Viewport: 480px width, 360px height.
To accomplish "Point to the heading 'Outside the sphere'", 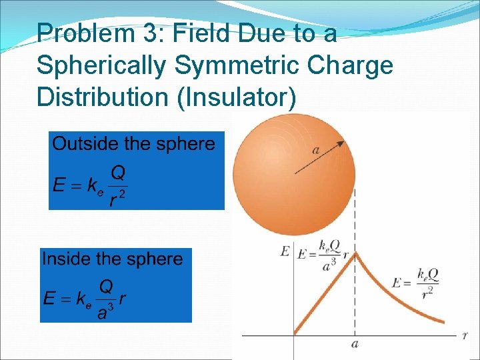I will (x=134, y=143).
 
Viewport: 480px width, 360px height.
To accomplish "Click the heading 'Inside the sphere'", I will (x=112, y=259).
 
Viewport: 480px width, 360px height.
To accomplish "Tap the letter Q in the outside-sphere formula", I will (x=118, y=173).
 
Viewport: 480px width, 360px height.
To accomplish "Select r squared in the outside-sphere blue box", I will (x=117, y=198).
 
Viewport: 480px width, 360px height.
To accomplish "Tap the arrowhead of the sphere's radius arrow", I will (x=341, y=143).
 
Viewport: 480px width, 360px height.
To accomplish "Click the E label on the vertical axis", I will (x=285, y=251).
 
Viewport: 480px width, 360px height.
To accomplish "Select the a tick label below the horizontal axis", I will (x=355, y=344).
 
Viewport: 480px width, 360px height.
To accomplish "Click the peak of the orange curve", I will (x=355, y=253).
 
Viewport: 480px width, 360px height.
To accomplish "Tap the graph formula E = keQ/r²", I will (x=420, y=283).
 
